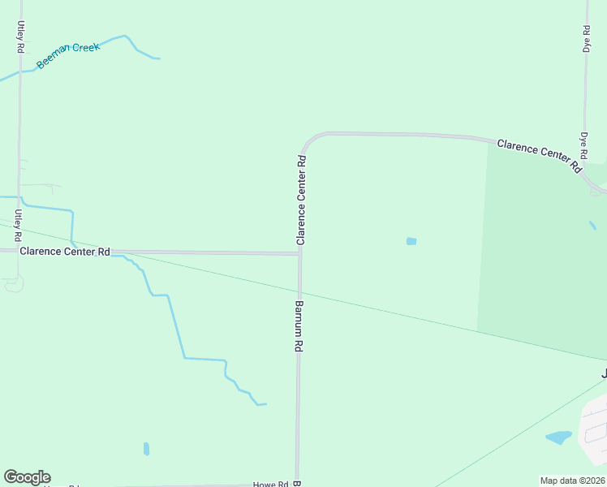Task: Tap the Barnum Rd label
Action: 299,326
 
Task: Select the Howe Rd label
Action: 271,484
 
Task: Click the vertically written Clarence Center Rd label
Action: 301,200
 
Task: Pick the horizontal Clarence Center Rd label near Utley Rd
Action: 65,252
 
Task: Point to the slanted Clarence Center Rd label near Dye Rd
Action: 540,154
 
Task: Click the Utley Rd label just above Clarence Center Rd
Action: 17,225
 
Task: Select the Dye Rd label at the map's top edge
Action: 586,39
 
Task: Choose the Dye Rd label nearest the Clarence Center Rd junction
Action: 583,146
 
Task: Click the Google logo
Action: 27,477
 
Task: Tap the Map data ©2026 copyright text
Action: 572,480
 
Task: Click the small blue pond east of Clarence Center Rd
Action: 411,241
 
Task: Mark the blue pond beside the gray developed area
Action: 558,437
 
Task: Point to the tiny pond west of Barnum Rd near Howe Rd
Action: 146,448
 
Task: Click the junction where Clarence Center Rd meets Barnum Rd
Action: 299,253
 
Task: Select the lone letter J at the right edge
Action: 603,374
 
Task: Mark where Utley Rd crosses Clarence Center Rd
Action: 18,251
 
